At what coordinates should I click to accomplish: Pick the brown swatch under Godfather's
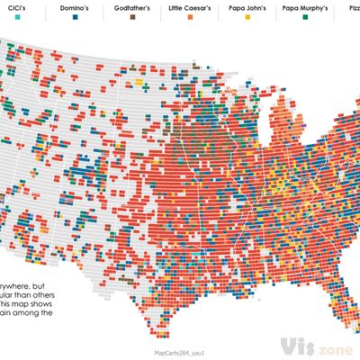pyautogui.click(x=132, y=16)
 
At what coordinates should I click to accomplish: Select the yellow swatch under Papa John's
pyautogui.click(x=247, y=16)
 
